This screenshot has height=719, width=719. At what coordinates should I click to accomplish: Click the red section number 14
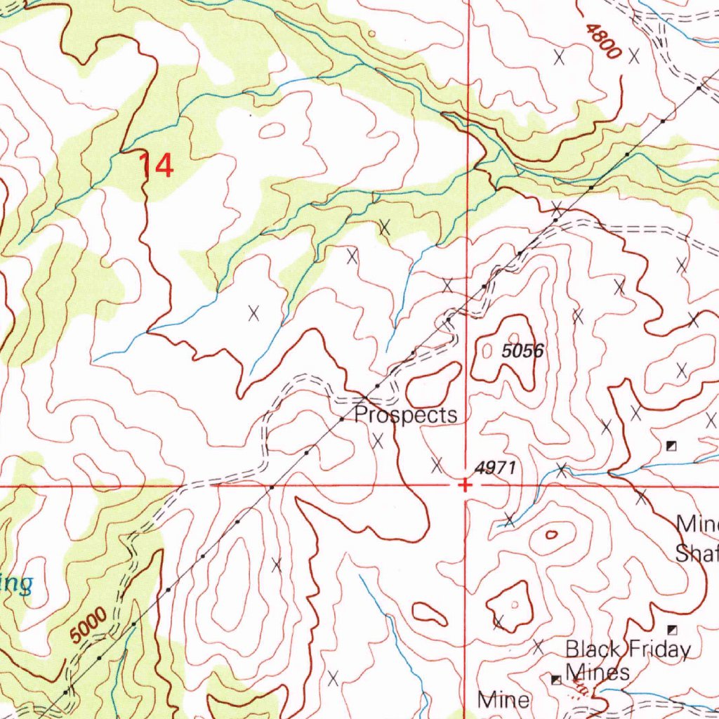coord(155,166)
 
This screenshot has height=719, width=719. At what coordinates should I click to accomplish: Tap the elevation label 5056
coord(523,351)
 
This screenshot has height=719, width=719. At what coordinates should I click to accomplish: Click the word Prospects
coord(406,415)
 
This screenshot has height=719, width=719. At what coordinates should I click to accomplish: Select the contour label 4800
coord(602,41)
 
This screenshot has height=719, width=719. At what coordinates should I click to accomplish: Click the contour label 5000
coord(89,626)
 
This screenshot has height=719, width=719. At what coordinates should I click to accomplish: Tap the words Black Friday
coord(628,649)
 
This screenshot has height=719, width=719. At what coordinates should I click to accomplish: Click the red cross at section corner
coord(464,484)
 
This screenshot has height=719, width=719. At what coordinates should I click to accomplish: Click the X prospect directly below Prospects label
coord(378,441)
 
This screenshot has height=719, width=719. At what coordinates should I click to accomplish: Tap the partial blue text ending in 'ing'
coord(15,583)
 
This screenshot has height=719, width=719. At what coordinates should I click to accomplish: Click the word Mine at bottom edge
coord(503,699)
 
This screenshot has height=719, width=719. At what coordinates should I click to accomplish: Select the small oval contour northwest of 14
coord(272,129)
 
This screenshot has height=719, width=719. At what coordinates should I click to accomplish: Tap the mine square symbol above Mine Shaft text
coord(671,445)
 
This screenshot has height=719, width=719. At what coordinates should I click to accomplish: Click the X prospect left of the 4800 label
coord(560,58)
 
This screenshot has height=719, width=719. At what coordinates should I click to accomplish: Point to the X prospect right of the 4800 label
coord(634,55)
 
